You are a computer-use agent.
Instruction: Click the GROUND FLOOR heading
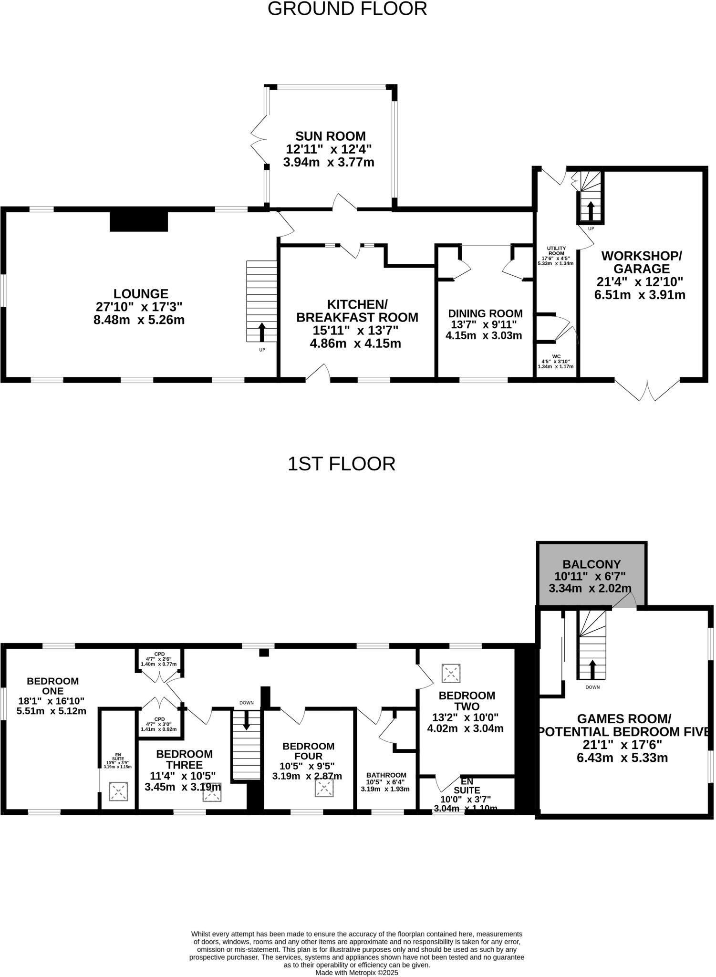(x=347, y=10)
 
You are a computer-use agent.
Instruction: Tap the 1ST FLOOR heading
(x=341, y=464)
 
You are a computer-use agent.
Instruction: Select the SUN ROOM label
(x=330, y=136)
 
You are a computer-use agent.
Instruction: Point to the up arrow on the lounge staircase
(x=262, y=332)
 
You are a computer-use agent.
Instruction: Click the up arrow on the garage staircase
(x=590, y=210)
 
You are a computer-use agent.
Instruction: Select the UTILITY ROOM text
(x=556, y=251)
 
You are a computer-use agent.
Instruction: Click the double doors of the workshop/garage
(x=647, y=391)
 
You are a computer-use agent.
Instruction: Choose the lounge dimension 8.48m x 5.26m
(x=139, y=320)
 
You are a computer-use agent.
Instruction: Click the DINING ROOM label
(x=485, y=313)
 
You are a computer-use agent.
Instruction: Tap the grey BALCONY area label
(x=591, y=565)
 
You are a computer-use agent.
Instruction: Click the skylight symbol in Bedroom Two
(x=451, y=673)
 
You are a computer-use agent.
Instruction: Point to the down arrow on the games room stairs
(x=592, y=669)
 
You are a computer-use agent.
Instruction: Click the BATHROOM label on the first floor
(x=386, y=775)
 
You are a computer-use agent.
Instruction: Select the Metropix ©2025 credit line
(x=356, y=972)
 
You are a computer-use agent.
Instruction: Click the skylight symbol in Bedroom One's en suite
(x=118, y=791)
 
